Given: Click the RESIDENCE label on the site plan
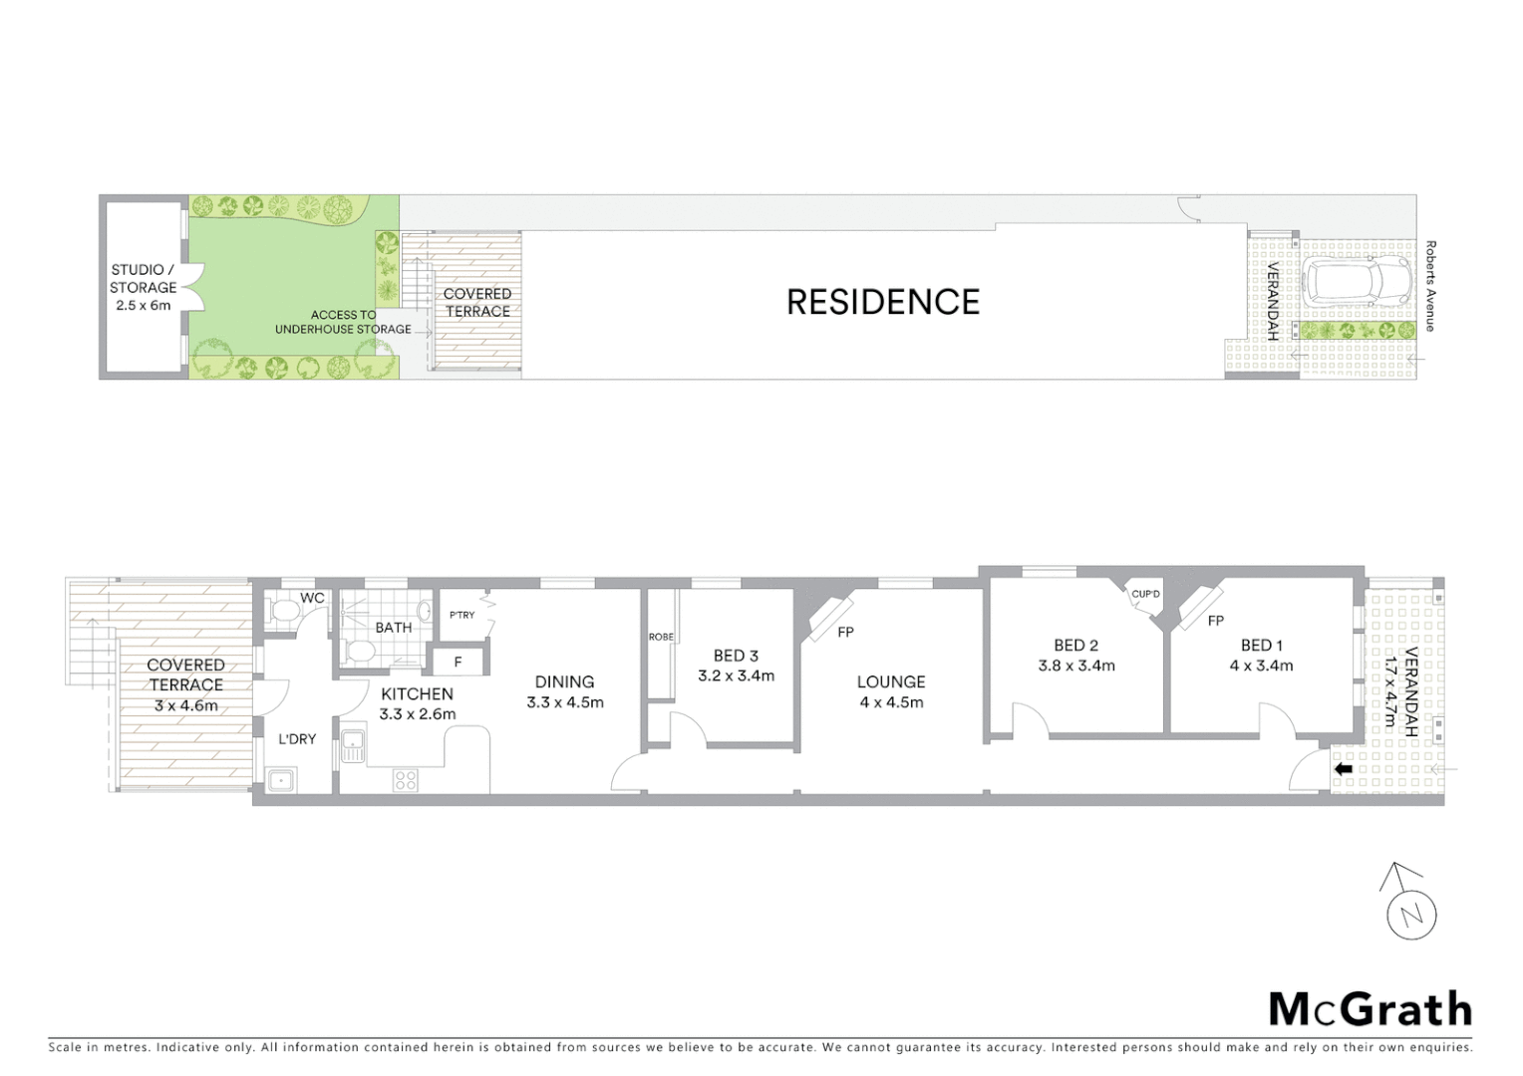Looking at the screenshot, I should coord(883,302).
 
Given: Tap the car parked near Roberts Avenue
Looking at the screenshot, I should coord(1357,283).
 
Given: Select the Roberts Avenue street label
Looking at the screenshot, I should coord(1430,286).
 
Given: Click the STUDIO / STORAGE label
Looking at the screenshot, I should coord(144,278).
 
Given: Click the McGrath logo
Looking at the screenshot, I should coord(1370,1009).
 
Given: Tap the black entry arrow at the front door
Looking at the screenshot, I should coord(1344,769).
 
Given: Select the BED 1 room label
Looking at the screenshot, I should coord(1261,646).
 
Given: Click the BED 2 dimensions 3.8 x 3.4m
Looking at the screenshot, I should coord(1076,666).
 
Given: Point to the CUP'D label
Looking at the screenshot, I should coord(1145,595).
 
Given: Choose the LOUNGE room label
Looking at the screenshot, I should coord(891,682).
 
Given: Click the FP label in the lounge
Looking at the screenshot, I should coord(845,632).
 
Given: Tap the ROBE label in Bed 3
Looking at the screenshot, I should coord(661,637).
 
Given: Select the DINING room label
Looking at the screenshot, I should coord(564,682).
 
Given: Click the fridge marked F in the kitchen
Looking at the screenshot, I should coord(457,662).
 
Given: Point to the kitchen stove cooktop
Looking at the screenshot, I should coord(405,780).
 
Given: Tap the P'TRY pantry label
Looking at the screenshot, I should coord(462,615).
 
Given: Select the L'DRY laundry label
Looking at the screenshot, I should coord(297,739).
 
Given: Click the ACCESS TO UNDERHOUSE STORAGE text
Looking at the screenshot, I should coord(343,322).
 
